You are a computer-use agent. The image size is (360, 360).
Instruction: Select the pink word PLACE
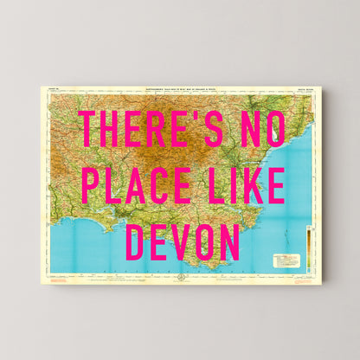(135, 185)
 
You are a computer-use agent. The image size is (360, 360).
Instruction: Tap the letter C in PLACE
(158, 185)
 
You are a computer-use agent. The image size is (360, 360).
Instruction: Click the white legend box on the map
(286, 260)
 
